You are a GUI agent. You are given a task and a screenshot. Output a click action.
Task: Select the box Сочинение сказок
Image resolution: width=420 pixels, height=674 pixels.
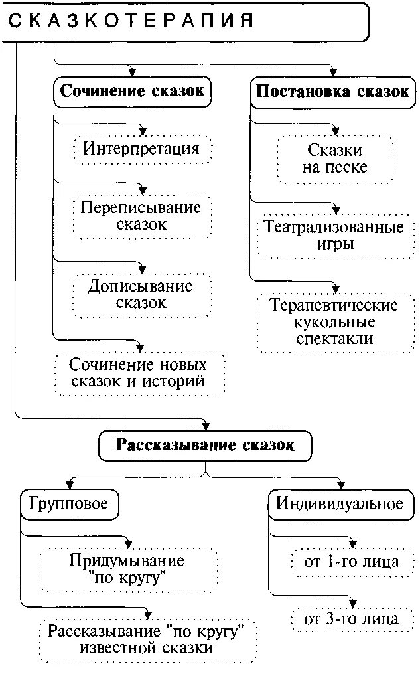[132, 92]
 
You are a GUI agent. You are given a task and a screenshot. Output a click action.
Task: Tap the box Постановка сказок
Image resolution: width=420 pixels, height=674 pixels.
[332, 92]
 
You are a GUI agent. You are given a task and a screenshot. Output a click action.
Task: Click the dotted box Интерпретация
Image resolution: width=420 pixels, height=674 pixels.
[141, 149]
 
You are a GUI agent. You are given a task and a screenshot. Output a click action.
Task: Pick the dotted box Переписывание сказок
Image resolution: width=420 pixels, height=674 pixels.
[141, 216]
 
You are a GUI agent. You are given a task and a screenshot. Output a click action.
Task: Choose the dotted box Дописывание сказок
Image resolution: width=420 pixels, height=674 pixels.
[141, 295]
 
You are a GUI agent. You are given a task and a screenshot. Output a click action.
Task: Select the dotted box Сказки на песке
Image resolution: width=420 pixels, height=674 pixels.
[334, 159]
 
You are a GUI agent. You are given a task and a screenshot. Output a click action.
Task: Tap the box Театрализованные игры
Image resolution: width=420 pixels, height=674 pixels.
[334, 236]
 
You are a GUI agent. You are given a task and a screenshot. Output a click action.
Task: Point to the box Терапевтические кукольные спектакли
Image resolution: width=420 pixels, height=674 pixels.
[334, 322]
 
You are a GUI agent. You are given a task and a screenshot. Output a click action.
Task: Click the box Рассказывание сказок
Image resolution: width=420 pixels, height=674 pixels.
[205, 445]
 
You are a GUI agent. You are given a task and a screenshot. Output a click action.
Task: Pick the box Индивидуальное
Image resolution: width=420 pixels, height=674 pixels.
[339, 504]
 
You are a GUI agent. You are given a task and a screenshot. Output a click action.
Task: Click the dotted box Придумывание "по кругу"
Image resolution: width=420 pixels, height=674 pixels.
[127, 570]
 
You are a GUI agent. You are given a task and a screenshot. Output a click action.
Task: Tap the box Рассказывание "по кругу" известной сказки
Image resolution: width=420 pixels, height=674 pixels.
[147, 639]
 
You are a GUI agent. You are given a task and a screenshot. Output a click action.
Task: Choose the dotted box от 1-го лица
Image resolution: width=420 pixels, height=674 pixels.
[352, 562]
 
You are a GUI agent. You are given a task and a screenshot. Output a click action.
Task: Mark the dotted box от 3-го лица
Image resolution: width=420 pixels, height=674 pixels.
[352, 619]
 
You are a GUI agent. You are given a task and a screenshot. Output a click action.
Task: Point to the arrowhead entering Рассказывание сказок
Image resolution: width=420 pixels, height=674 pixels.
[205, 425]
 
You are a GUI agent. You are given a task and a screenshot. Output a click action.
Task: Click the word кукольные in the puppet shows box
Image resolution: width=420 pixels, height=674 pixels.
[334, 323]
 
